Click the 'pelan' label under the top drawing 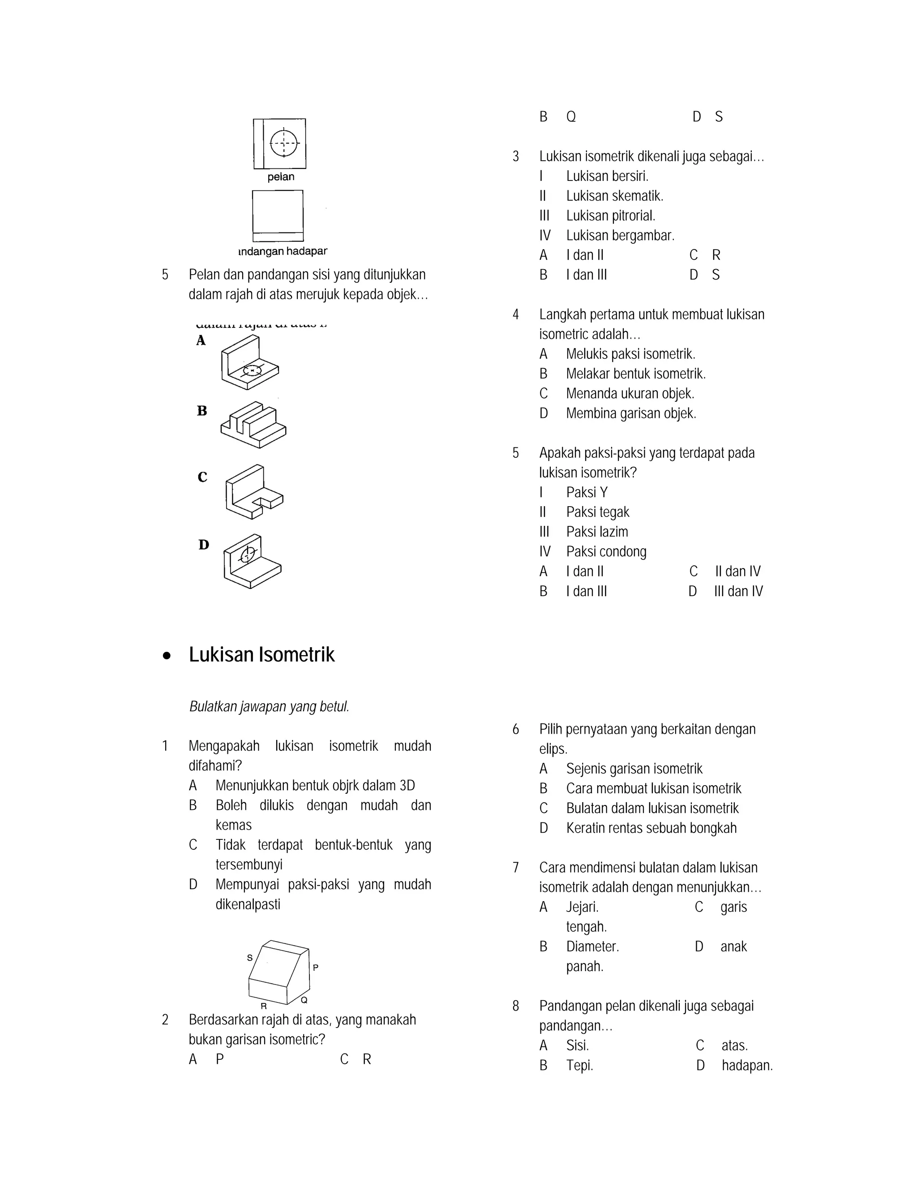point(281,177)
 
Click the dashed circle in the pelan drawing point(284,143)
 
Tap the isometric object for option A point(249,362)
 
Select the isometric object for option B point(253,425)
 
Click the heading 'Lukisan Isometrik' point(261,655)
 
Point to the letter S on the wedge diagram point(250,958)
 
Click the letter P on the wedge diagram point(316,968)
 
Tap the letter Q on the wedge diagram point(304,1000)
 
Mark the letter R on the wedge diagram point(263,1006)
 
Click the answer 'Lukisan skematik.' point(614,196)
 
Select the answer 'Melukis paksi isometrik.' point(630,354)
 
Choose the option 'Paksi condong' point(606,552)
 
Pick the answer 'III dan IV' point(738,591)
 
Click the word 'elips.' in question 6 point(553,749)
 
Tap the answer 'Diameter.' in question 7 point(592,947)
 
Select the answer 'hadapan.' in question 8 point(747,1066)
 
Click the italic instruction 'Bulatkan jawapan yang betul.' point(269,706)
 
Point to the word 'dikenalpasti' point(248,904)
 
